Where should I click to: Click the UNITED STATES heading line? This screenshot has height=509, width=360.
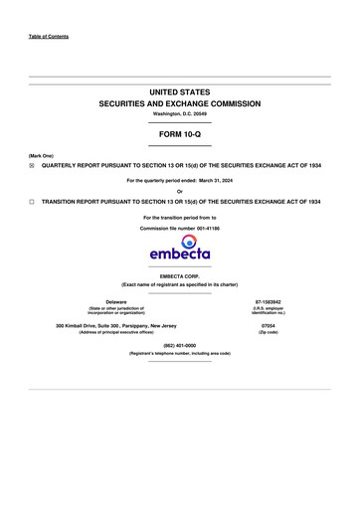pos(179,91)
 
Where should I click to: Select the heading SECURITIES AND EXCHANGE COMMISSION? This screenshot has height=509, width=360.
pos(179,103)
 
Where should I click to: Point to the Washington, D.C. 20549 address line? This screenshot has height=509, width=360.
pos(179,114)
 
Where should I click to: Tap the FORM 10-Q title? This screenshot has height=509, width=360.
pos(179,133)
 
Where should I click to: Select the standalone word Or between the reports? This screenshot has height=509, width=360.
pos(179,191)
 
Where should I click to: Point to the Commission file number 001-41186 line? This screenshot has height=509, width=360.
pos(179,228)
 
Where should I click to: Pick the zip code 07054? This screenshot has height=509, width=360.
pos(267,325)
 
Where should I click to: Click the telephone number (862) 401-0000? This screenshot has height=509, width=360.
pos(179,345)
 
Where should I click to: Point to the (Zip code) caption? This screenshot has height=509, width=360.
pos(267,332)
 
